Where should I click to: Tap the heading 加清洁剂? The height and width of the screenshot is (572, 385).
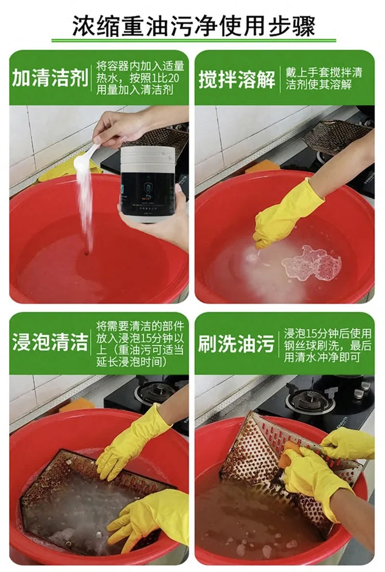point(50,78)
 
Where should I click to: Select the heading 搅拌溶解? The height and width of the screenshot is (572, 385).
point(237,78)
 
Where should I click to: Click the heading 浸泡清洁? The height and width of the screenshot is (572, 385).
point(50,343)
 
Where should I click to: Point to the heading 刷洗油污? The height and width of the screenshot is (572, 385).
point(236,343)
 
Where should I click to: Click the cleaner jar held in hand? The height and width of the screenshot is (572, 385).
point(147,186)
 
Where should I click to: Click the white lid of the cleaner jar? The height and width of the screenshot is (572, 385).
point(147,155)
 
